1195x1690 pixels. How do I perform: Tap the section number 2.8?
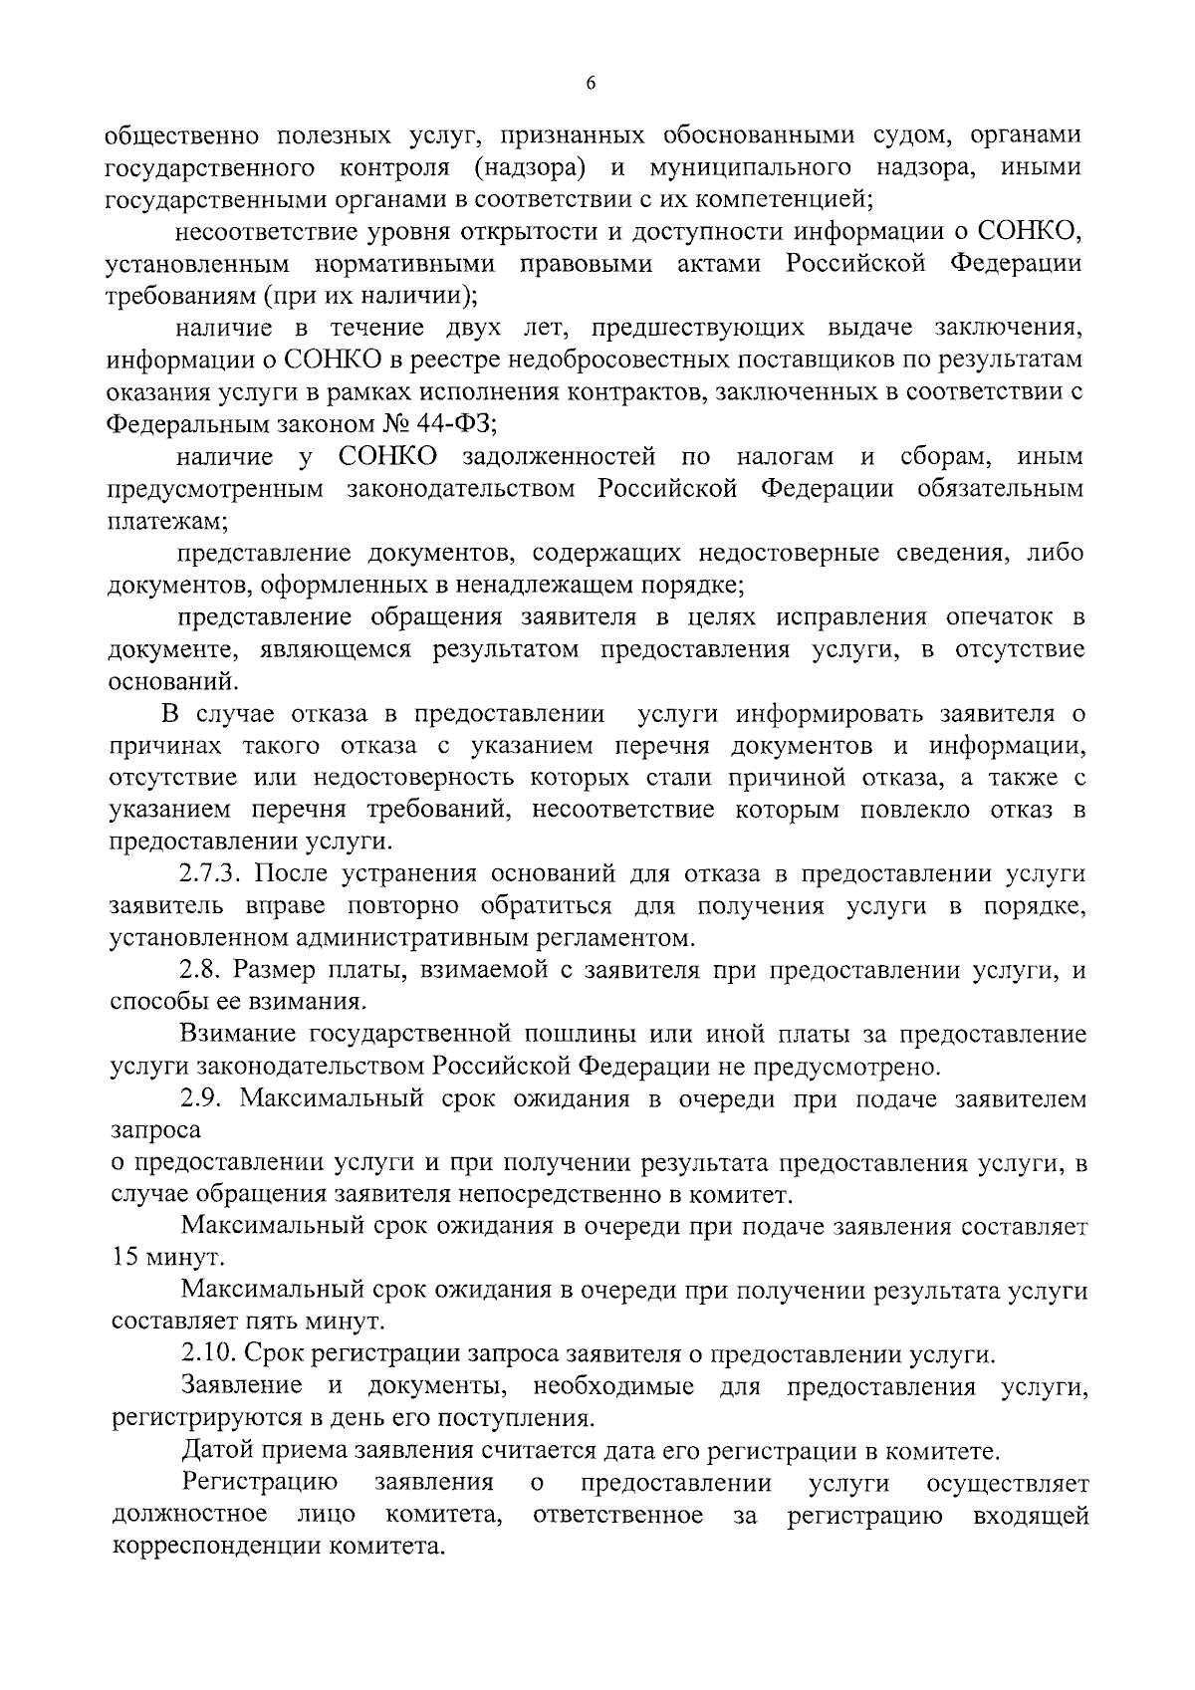click(205, 970)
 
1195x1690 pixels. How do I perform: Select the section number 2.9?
click(205, 1098)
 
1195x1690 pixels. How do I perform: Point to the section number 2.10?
click(210, 1354)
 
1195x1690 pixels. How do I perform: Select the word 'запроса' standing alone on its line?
click(155, 1130)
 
